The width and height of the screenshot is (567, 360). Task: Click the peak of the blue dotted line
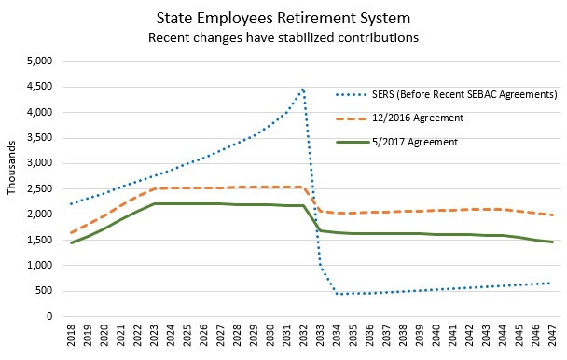(x=302, y=89)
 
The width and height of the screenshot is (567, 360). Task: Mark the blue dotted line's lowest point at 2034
(x=336, y=294)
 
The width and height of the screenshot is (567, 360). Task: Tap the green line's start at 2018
(x=72, y=242)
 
